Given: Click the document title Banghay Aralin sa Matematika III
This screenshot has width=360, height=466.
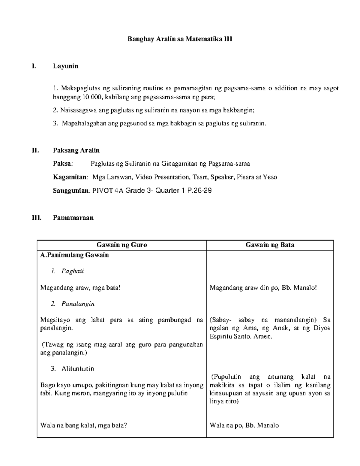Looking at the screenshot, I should [180, 39].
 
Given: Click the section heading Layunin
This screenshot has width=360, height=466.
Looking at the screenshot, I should [66, 66].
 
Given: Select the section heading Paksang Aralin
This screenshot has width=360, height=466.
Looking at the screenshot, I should [76, 150].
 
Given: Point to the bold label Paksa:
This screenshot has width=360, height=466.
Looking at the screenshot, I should [63, 164].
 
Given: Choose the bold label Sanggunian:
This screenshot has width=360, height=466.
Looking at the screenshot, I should [71, 191].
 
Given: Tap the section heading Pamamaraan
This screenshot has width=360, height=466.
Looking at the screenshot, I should [73, 218].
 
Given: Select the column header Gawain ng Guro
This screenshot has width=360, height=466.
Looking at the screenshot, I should [122, 245].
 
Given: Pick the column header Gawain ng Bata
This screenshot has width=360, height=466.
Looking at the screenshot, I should [270, 245].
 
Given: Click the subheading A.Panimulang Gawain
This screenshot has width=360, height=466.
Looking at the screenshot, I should [75, 255].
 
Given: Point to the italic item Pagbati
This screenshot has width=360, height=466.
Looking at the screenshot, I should [73, 271].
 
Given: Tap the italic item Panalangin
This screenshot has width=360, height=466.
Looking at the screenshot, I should [78, 304].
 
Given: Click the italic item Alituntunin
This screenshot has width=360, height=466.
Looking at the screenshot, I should [78, 369].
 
